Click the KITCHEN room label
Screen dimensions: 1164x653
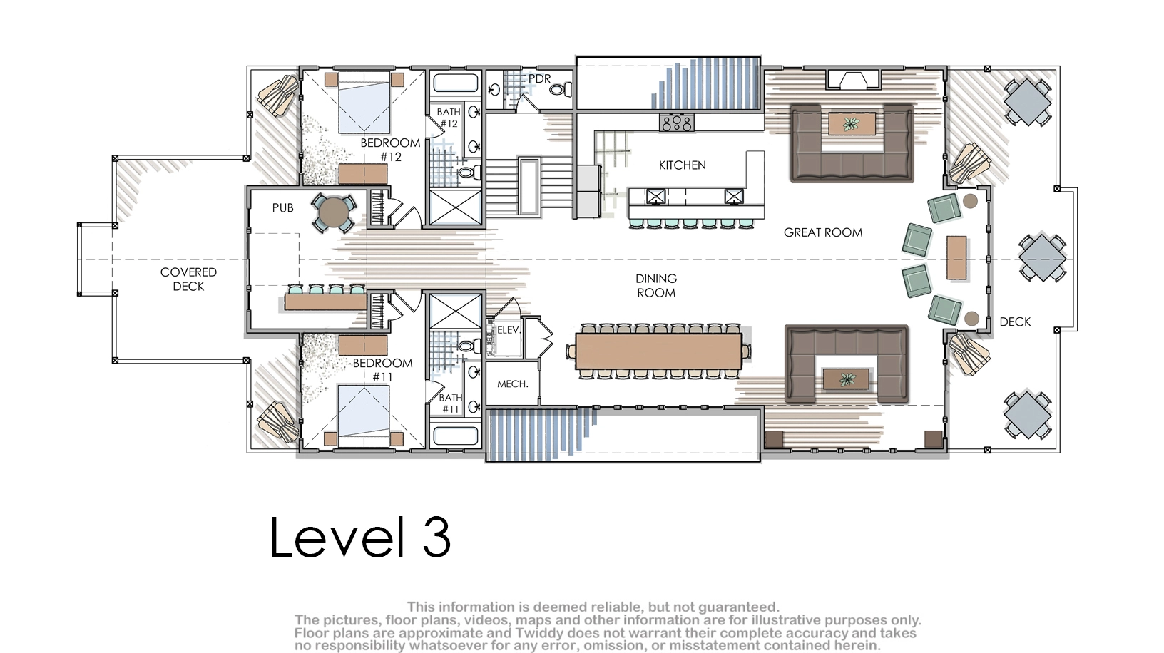click(x=683, y=165)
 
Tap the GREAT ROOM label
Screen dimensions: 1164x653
click(x=823, y=232)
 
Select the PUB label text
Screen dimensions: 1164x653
click(x=282, y=207)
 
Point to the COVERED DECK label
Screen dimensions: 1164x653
click(x=188, y=279)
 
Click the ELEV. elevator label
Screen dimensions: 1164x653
click(x=509, y=330)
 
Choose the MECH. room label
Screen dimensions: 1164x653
click(x=512, y=384)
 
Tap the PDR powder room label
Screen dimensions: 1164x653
click(x=539, y=79)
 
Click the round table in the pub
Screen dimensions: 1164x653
click(x=334, y=212)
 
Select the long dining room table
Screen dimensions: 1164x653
click(x=658, y=351)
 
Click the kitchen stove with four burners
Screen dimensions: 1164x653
click(x=676, y=123)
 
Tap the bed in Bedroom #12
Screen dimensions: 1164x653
click(x=364, y=103)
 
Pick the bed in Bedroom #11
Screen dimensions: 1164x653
click(x=364, y=416)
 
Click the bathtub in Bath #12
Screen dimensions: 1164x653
click(x=455, y=83)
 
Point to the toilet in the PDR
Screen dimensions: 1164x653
click(x=559, y=90)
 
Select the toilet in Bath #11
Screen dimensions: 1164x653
click(x=470, y=346)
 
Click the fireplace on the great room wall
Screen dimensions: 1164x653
click(x=853, y=79)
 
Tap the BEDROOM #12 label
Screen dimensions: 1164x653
click(x=390, y=150)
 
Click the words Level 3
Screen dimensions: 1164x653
click(x=360, y=537)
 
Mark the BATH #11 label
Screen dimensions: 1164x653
click(x=451, y=403)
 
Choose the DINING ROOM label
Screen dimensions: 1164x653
click(x=656, y=286)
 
